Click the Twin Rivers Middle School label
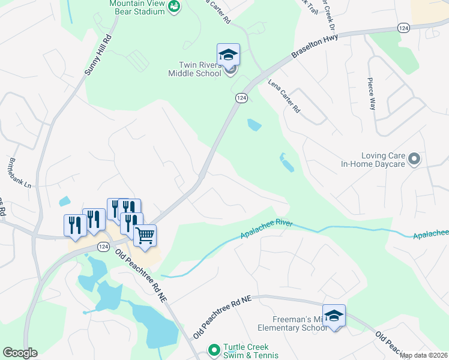[x=194, y=69]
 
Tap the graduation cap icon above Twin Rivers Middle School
[x=228, y=55]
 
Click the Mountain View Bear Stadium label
[x=137, y=6]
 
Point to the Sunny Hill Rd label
[x=98, y=55]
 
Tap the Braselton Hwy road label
[x=315, y=46]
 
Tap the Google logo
[x=20, y=353]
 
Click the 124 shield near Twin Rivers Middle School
[x=241, y=98]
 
